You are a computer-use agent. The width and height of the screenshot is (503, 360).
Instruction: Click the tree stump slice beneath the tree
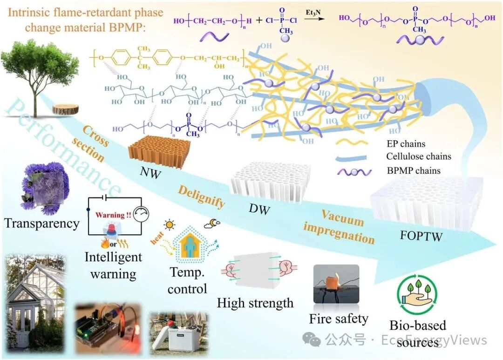point(65,109)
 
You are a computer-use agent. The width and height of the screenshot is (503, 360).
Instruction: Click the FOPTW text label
point(421,236)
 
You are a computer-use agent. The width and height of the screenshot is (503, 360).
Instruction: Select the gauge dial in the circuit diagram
point(141,215)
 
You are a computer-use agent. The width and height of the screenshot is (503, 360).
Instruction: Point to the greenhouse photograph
point(36,302)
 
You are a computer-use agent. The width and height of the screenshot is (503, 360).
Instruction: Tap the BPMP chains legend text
point(414,170)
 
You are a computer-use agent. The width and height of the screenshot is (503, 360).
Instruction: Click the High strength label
point(255,303)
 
